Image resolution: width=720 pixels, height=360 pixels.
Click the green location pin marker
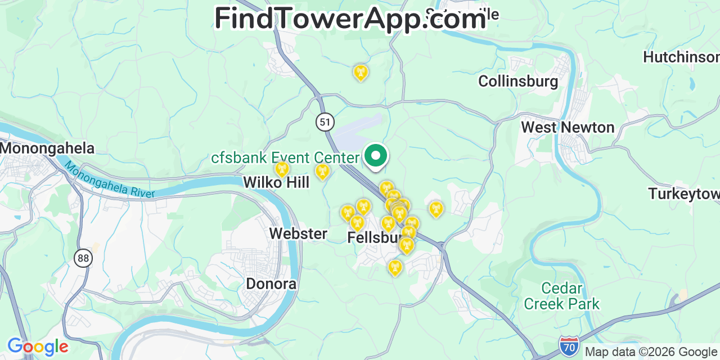pos(376,156)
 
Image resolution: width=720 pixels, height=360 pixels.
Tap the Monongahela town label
pos(47,148)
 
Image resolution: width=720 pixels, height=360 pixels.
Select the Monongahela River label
pos(109,180)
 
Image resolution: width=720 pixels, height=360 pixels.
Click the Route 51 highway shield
pos(325,121)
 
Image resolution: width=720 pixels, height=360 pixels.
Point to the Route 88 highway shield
pos(83,258)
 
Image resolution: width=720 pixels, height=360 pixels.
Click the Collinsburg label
pos(518,82)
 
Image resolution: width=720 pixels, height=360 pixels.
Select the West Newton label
pos(568,127)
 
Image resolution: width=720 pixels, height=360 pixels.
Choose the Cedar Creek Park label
pos(561,296)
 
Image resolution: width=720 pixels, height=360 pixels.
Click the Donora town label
pos(271,283)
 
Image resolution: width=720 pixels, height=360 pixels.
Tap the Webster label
pos(298,233)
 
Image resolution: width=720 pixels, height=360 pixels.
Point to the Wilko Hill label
pos(276,182)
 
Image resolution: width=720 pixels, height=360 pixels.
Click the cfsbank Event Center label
pos(285,158)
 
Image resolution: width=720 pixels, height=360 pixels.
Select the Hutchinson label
pos(681,57)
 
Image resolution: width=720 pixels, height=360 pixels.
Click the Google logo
pos(37,347)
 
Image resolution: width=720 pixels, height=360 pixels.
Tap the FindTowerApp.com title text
pos(350,19)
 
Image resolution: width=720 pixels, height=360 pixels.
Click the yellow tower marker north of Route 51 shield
pos(360,73)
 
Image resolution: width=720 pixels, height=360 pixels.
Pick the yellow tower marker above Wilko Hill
pos(282,169)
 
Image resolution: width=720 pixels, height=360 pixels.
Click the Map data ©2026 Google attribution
pos(651,352)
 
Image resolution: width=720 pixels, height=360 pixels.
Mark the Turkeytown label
pos(684,193)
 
